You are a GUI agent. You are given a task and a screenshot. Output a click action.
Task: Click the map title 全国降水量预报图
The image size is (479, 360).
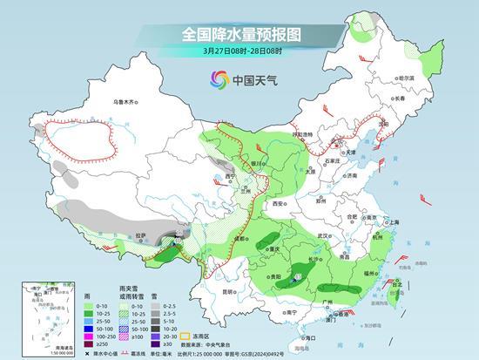[239, 34]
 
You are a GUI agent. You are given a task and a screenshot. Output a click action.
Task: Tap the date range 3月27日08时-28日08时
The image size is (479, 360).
[239, 51]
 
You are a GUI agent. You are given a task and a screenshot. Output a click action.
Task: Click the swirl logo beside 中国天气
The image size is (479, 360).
[217, 80]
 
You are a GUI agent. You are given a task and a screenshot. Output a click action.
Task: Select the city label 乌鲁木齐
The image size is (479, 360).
[125, 102]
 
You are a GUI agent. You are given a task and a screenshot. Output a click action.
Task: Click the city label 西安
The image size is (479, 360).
[278, 202]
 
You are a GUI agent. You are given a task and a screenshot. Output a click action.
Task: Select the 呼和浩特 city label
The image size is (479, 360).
[301, 134]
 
